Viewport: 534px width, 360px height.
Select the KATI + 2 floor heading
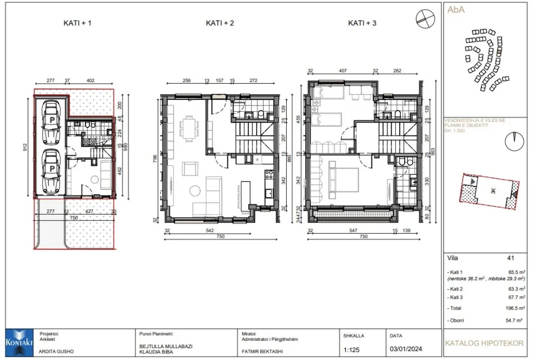coord(219,24)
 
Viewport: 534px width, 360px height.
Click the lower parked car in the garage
coord(51,169)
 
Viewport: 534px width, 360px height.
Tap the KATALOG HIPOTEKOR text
coord(484,342)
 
